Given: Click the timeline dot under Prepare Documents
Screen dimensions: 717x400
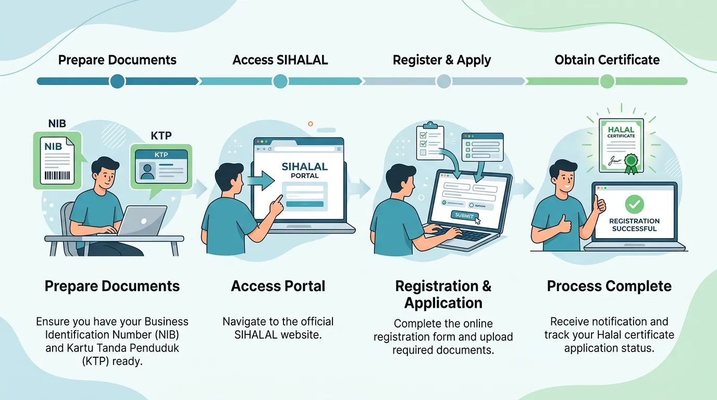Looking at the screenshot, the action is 117,81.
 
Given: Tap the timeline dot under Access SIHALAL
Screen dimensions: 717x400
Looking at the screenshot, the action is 280,81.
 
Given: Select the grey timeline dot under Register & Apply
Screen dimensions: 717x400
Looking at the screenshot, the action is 443,81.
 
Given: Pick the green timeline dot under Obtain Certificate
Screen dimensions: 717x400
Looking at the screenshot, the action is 607,81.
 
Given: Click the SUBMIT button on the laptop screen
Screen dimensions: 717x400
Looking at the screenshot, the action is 464,216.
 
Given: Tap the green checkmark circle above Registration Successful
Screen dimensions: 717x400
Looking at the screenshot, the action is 635,205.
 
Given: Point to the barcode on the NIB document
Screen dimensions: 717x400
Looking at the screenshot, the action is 57,176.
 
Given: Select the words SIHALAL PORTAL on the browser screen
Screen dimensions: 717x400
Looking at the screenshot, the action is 304,170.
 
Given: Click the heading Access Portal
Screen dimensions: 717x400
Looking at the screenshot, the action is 278,286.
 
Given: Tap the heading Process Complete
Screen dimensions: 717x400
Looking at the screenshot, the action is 609,286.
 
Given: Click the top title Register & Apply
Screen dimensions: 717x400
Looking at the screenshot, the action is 442,60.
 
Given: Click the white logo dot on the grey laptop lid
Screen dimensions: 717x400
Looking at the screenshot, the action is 144,221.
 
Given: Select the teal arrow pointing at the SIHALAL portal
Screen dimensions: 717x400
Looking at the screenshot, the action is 261,180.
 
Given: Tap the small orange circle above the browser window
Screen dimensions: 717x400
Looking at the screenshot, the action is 310,124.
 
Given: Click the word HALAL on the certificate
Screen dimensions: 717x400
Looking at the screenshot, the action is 621,130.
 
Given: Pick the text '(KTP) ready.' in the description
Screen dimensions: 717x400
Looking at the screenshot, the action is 112,361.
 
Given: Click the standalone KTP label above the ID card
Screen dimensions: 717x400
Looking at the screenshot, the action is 161,136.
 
